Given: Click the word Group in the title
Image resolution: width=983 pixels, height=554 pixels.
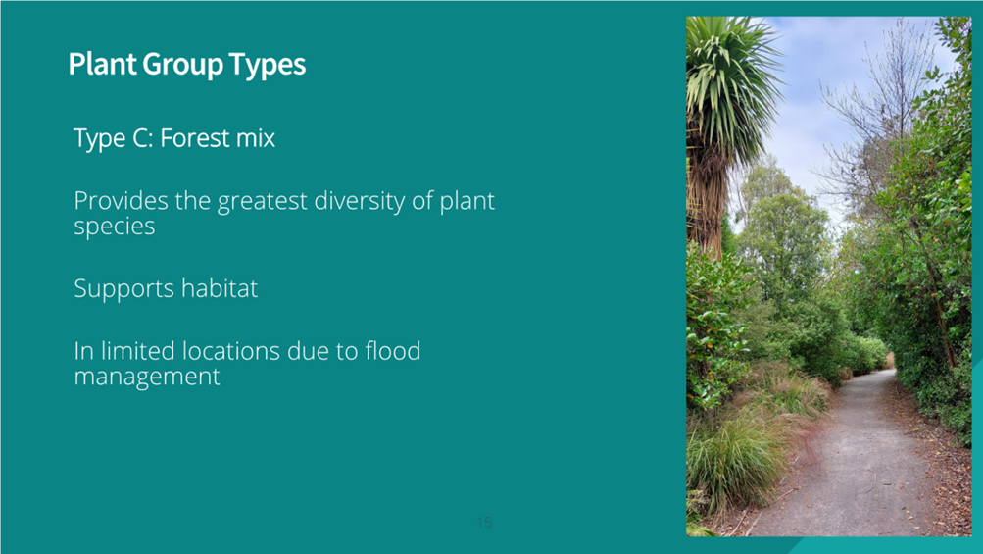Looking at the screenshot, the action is tap(182, 65).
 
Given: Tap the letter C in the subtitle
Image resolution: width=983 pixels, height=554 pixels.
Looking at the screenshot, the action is tap(142, 138).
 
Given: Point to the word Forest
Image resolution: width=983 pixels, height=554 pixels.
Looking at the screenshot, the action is tap(195, 138).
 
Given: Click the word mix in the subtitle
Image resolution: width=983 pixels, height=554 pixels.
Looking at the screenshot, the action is tap(256, 138).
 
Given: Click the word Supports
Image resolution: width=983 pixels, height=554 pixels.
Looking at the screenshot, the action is tap(124, 289).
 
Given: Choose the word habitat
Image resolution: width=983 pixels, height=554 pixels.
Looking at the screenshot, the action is tap(220, 288).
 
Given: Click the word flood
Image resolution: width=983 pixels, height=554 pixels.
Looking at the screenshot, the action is tap(392, 351).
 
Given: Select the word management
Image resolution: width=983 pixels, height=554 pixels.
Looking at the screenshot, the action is tap(147, 378).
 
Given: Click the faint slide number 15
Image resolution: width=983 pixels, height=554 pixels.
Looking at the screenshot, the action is tap(484, 522).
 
